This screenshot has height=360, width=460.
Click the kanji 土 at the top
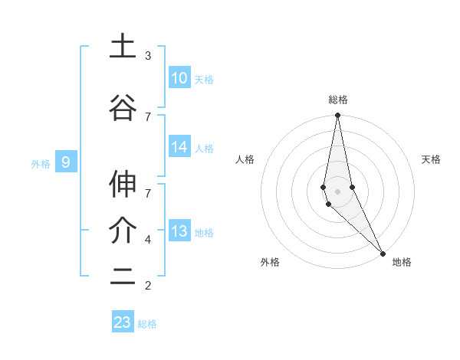coord(123,47)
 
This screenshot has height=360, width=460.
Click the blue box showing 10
coord(179,78)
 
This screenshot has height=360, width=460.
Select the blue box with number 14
coord(179,148)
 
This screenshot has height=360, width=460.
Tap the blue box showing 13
coord(179,232)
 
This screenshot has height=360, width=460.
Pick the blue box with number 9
coord(66,162)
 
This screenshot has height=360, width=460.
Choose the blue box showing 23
coord(123,322)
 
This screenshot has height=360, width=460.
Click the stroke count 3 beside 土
coord(148,56)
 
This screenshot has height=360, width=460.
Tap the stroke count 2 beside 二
coord(148,286)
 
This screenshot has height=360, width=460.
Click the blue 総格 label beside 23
coord(147,324)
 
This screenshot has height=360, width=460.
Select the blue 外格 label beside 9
coord(41,163)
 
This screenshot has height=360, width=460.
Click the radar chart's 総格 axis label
coord(338,100)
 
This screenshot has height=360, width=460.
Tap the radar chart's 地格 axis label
coord(402,262)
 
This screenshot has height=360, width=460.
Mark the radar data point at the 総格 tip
coord(337,116)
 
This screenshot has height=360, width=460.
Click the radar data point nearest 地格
coord(383,252)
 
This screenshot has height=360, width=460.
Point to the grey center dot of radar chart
coord(337,191)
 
